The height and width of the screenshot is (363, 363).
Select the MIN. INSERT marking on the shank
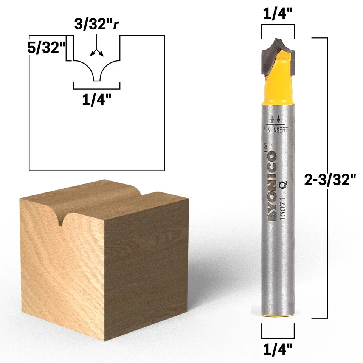tap(275, 130)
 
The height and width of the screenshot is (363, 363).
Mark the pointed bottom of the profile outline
tap(97, 80)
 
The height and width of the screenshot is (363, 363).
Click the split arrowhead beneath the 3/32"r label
tap(97, 52)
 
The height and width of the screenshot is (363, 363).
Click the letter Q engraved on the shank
tap(282, 184)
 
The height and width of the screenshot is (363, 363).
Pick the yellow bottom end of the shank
tap(278, 314)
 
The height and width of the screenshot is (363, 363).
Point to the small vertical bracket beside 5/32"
tap(68, 48)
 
